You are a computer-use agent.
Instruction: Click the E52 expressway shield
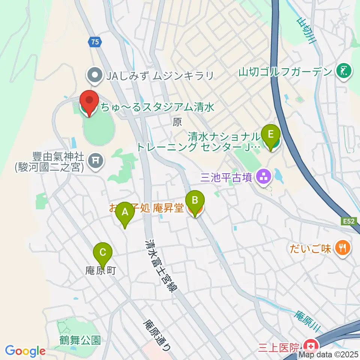coord(348,222)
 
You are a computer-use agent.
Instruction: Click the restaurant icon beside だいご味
coord(343,247)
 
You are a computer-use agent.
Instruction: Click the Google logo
coord(25,351)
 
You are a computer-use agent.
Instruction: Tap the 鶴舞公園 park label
coord(80,340)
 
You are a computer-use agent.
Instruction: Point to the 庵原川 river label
coord(306,321)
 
